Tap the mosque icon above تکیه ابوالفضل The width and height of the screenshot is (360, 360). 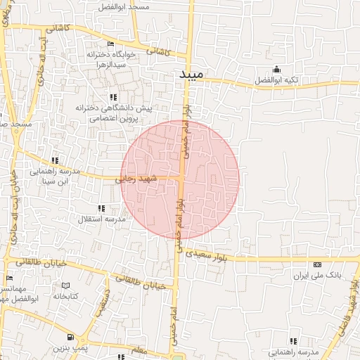[276, 69]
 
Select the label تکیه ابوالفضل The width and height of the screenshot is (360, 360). [275, 80]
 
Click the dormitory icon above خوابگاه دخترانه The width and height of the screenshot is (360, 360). [111, 44]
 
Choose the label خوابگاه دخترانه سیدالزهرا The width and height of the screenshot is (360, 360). [106, 59]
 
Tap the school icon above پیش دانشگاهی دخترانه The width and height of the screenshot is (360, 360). [112, 97]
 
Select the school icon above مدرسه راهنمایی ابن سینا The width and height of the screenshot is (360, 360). [55, 160]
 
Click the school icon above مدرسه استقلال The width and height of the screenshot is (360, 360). [103, 208]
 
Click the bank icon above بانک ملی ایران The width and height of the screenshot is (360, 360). [317, 264]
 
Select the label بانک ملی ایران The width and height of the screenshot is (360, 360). [317, 276]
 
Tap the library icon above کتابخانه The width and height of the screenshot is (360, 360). [65, 285]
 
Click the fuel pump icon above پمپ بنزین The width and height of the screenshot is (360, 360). [58, 337]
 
